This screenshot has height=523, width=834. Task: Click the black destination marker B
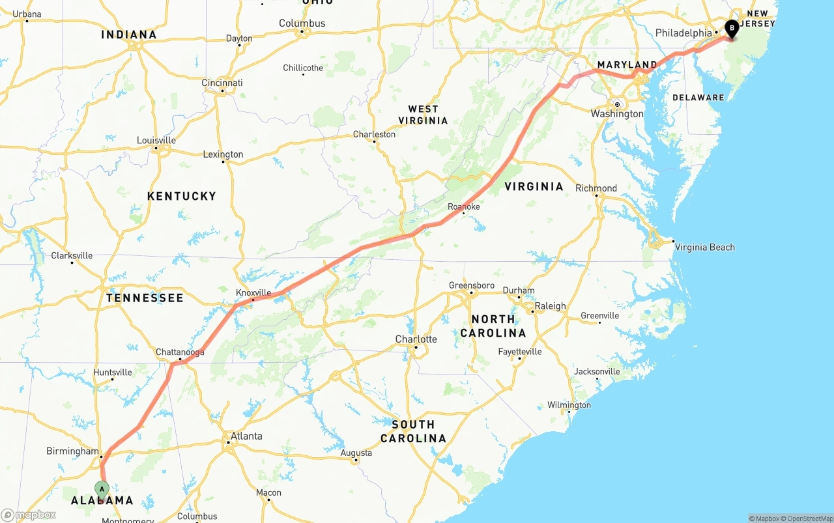732,29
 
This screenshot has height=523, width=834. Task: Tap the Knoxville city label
253,292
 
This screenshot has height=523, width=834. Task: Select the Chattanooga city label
180,352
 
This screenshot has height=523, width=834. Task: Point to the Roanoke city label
463,206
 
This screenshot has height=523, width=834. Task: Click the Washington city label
616,114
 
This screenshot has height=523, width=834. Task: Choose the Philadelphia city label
683,33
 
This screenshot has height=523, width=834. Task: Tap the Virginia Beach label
704,247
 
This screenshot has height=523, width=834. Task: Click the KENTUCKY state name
181,196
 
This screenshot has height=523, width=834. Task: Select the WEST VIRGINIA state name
424,115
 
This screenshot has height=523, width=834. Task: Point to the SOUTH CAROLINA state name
413,431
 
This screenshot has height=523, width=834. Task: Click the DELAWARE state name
698,98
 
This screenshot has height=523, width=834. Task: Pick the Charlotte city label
416,339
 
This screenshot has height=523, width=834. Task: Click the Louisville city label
156,140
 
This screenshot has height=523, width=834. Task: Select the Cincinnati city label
222,83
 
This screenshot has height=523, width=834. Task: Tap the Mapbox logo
29,515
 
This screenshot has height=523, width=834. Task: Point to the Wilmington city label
569,405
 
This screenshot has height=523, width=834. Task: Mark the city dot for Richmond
596,196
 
